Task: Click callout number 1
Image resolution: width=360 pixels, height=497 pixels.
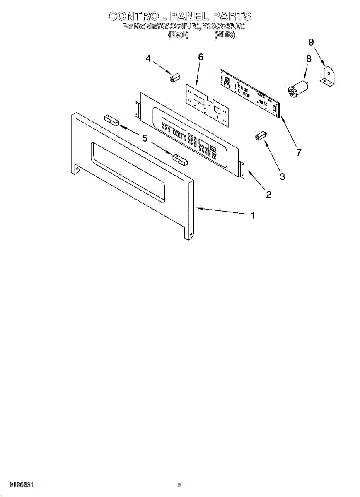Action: tap(253, 215)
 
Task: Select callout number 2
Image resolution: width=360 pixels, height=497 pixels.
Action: tap(268, 194)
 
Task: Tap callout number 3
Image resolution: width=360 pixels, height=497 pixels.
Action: tap(282, 176)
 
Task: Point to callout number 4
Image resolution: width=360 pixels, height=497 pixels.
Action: tap(148, 59)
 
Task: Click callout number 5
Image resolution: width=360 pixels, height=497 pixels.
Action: tap(145, 138)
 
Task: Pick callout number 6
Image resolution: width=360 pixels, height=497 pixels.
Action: tap(201, 57)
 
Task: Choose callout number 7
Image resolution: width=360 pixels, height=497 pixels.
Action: tap(299, 152)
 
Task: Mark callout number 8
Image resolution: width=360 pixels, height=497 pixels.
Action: tap(309, 59)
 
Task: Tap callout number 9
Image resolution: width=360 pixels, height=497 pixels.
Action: tap(311, 42)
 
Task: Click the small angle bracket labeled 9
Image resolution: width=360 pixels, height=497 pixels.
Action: tap(328, 77)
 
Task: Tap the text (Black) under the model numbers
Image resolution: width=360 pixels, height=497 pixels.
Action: tap(178, 35)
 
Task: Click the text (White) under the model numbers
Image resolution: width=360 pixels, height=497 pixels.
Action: tap(225, 35)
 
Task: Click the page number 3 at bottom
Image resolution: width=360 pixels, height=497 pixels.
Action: tap(179, 485)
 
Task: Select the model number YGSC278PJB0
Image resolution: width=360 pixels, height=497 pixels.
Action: tap(179, 27)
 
